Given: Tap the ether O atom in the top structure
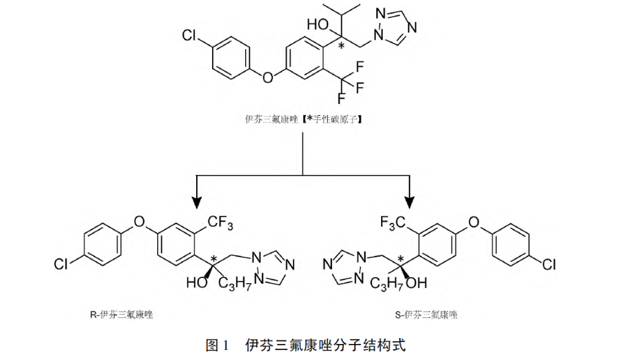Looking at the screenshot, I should click(x=268, y=77).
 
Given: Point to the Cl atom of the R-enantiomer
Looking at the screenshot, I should click(x=61, y=264).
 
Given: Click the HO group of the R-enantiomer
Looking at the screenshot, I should click(x=196, y=283).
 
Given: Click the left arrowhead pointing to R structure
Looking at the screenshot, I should click(x=196, y=199).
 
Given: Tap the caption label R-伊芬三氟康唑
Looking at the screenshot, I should click(x=121, y=315).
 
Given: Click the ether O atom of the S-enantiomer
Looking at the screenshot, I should click(x=473, y=222).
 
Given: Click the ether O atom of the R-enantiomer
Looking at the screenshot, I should click(x=139, y=222).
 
